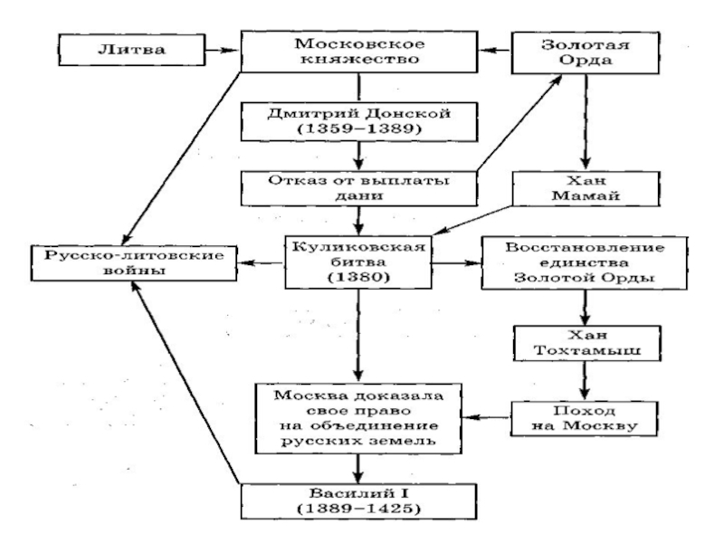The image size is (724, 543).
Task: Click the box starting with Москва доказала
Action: (360, 415)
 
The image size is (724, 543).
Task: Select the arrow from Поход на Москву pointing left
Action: (489, 417)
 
